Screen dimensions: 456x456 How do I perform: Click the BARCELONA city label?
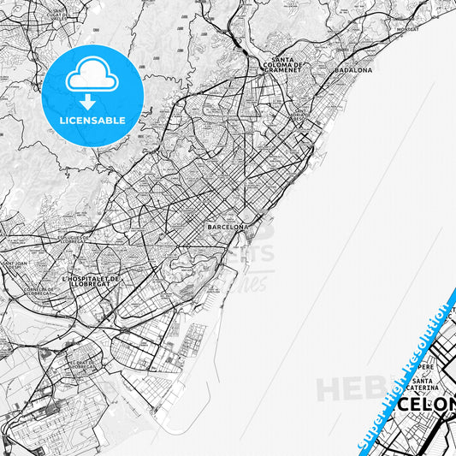pyautogui.click(x=227, y=228)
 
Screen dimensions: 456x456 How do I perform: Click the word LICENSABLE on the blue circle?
pyautogui.click(x=92, y=120)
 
